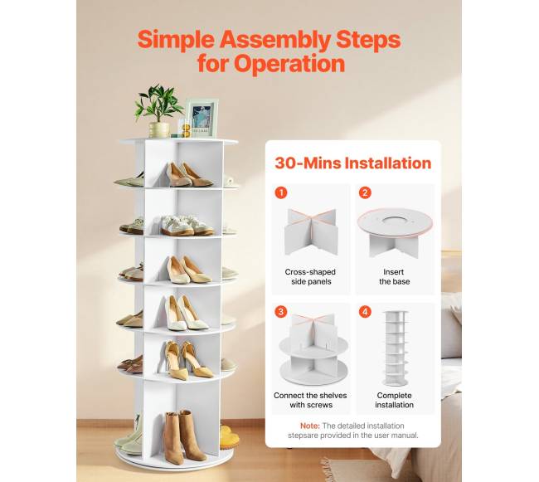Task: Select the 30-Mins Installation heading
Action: click(353, 163)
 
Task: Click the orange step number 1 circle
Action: click(281, 192)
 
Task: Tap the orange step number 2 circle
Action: click(365, 192)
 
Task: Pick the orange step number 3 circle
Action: click(281, 312)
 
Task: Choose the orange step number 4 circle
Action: click(365, 312)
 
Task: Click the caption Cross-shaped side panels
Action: click(310, 277)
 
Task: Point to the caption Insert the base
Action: click(394, 277)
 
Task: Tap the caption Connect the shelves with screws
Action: click(310, 400)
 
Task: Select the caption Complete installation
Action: click(394, 400)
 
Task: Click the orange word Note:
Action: click(310, 426)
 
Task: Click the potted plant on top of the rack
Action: click(158, 111)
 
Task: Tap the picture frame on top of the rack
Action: click(202, 118)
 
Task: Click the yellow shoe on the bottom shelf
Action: click(229, 437)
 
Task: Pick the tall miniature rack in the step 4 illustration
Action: click(396, 348)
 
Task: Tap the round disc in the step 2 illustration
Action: click(395, 223)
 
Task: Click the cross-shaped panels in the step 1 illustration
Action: click(311, 231)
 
